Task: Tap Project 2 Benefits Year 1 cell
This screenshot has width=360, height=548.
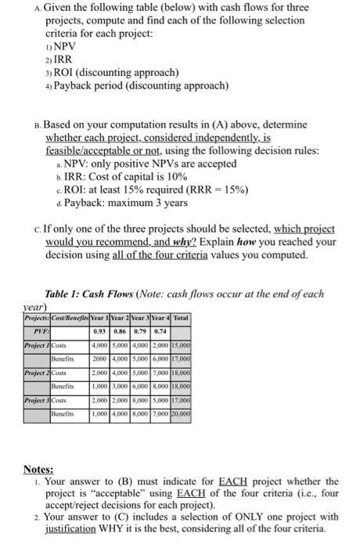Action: [x=100, y=386]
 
